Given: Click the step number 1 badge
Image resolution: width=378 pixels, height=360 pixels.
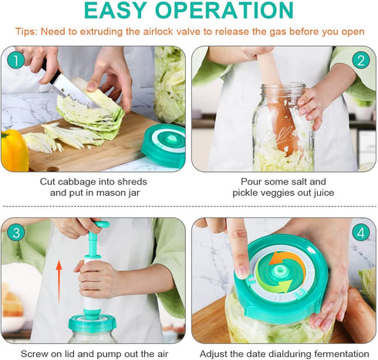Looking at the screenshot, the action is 15,61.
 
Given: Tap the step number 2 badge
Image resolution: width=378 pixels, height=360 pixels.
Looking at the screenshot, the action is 361,61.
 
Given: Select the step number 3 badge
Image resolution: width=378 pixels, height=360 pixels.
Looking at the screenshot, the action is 15,233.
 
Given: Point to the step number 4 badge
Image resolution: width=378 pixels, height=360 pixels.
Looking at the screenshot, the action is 361,233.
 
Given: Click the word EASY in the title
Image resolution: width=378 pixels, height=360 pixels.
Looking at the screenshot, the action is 116,10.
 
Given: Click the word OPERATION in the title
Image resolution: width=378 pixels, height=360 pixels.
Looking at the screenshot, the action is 224,10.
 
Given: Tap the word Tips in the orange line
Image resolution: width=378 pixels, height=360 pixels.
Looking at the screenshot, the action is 26,32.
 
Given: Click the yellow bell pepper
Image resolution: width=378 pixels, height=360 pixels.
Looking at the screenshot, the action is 14,150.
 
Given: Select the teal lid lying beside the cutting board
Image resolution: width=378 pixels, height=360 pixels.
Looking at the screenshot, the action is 164,145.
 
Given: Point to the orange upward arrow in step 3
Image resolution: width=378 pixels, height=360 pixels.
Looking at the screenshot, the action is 59,281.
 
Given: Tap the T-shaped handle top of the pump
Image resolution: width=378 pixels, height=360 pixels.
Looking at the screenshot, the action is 102,224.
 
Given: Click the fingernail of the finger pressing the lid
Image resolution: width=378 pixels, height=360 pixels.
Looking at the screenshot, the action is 241,271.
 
